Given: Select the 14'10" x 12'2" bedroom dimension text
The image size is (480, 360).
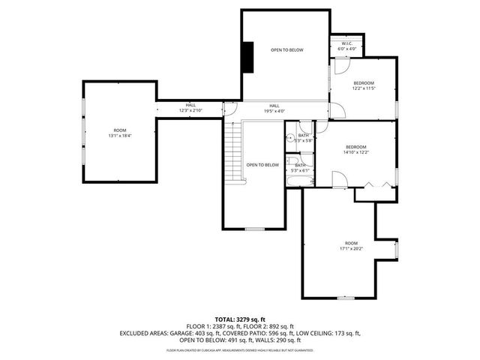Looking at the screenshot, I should coord(356,149).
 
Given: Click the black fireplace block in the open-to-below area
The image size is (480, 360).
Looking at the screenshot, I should coord(247,57).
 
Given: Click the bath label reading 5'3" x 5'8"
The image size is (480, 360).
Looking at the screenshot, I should coord(304,138).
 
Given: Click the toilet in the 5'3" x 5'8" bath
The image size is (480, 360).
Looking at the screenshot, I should coord(289,138).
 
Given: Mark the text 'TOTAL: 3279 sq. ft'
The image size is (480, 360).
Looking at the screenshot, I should coord(240,319).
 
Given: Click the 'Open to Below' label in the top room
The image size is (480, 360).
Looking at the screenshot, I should coord(287,49).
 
